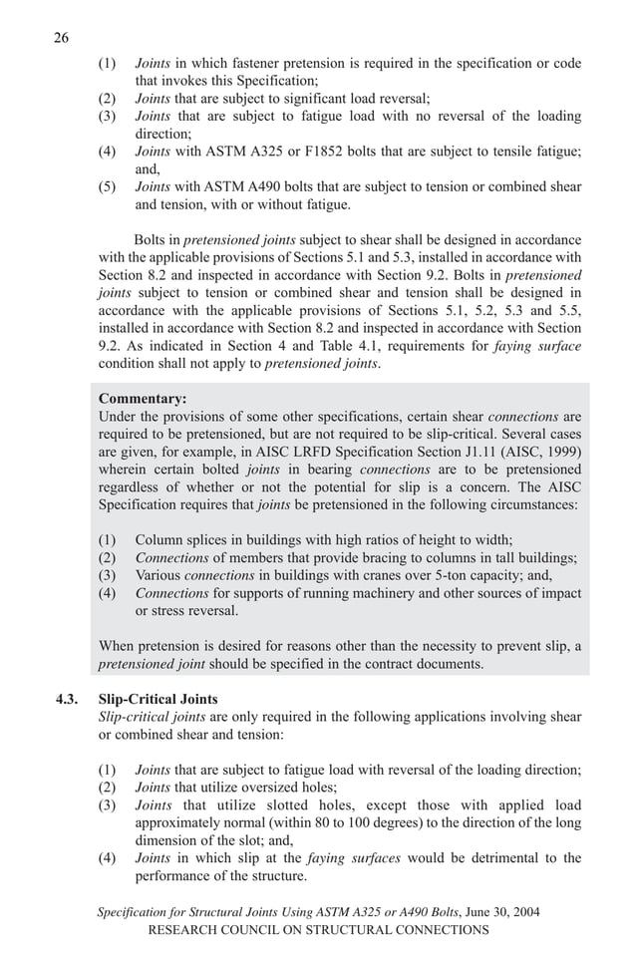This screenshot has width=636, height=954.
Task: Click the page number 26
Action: [x=61, y=39]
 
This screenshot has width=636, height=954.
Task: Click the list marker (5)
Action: [x=107, y=186]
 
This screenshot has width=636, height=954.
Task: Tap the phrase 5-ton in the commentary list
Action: [x=458, y=575]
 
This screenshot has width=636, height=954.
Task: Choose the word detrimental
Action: [x=486, y=858]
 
